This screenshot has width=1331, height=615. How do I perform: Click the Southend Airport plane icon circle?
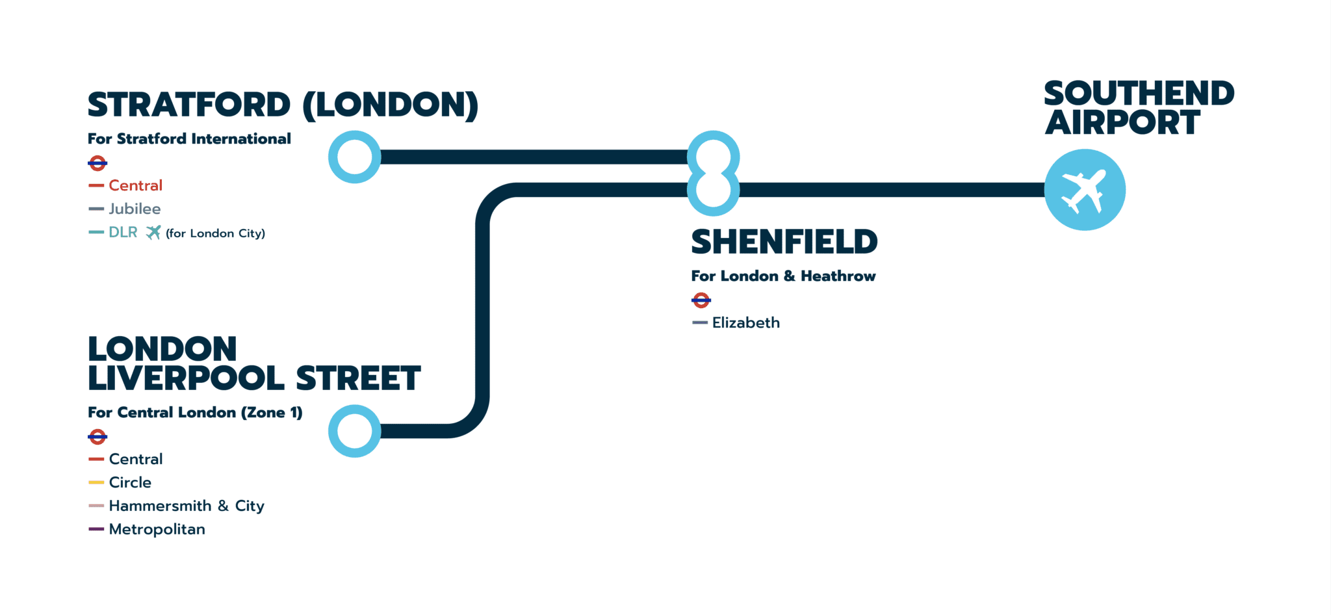[1085, 190]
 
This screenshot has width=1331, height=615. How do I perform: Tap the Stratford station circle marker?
[354, 157]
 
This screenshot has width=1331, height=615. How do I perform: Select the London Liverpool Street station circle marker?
[354, 431]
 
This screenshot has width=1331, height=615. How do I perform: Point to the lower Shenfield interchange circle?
[714, 190]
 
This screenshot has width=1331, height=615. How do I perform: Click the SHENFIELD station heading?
[784, 242]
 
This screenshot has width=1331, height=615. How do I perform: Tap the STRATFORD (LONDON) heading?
[283, 105]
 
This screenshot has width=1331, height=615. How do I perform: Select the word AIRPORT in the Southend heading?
[1122, 123]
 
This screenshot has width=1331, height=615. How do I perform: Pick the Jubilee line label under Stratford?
[135, 209]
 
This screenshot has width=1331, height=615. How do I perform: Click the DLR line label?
[123, 232]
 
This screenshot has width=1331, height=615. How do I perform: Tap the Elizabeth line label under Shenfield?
[745, 322]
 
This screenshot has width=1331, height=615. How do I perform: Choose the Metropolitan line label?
[157, 529]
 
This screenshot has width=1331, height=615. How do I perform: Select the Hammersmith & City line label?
[186, 506]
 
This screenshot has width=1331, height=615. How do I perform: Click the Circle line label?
[130, 482]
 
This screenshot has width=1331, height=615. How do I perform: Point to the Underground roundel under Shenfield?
[701, 300]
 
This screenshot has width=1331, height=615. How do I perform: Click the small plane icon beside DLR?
[153, 232]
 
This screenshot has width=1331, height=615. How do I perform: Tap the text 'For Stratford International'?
[189, 138]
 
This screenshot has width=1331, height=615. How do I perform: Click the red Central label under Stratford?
[135, 185]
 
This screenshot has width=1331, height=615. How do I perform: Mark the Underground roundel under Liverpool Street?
[97, 436]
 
